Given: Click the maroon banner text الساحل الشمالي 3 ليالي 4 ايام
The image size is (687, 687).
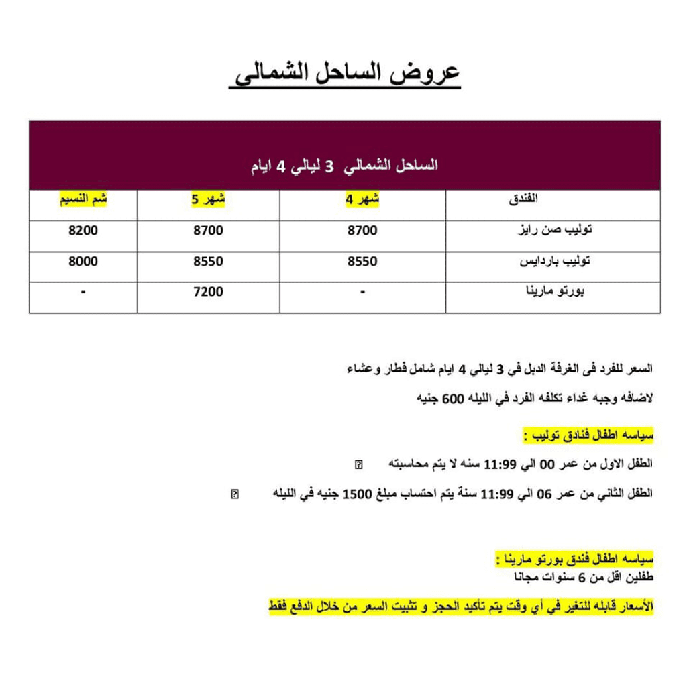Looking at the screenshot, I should [344, 166].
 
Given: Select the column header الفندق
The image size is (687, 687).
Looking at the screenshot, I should [524, 199].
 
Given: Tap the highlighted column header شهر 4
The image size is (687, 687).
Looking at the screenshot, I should [362, 199].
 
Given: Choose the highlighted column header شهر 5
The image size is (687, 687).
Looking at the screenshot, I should [208, 199].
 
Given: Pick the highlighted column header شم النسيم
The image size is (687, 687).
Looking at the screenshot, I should [83, 199].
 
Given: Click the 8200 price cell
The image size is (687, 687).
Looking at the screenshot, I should [83, 230].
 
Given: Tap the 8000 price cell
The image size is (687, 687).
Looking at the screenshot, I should [83, 261].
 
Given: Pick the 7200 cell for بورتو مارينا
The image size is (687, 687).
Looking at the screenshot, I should [208, 292].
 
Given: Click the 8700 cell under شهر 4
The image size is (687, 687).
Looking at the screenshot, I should [362, 230].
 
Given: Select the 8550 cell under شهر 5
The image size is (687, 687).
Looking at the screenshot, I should [208, 261].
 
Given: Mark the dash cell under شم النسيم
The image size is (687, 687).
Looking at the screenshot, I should [83, 292].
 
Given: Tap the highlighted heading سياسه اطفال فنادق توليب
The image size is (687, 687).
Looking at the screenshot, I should [588, 436].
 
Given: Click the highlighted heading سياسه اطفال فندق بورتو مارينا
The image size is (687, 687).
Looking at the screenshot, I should [574, 558].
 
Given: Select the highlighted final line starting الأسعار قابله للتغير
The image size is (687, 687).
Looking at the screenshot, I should [461, 607].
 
